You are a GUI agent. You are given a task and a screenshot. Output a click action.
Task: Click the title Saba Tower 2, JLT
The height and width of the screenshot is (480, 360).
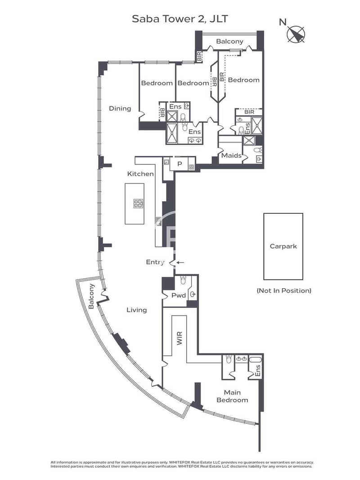click(x=180, y=19)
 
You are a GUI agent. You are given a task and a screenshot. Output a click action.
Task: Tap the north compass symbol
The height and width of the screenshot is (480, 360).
click(x=296, y=34)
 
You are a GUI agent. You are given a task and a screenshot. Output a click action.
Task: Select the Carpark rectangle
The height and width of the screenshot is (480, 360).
click(x=283, y=246)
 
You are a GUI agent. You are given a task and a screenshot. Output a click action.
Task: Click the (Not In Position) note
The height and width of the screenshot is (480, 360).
click(x=284, y=290)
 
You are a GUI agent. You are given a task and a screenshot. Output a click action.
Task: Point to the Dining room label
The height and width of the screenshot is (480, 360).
click(x=120, y=109)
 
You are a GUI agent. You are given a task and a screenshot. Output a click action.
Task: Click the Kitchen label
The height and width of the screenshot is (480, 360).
click(x=140, y=174)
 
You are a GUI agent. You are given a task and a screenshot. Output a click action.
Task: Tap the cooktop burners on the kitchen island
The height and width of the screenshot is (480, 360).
click(x=138, y=204)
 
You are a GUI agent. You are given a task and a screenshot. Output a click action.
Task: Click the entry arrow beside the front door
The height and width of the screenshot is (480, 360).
click(x=180, y=263)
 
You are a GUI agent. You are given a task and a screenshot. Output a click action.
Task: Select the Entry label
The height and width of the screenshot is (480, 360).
click(x=155, y=263)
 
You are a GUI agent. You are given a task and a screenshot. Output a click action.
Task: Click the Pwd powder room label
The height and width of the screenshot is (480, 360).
click(x=179, y=295)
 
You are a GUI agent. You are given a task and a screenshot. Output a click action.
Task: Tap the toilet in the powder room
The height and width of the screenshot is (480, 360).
click(x=183, y=280)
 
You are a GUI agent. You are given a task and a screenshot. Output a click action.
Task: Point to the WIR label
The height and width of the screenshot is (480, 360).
click(x=180, y=338)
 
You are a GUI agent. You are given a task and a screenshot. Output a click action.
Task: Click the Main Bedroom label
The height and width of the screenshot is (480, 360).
click(x=232, y=396)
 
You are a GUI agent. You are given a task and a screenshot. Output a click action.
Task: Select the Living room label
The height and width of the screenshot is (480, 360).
click(x=137, y=310)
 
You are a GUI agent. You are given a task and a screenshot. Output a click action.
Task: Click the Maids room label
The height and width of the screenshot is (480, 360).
click(x=231, y=155)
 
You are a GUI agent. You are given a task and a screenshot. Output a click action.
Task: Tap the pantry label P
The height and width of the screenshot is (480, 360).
click(x=180, y=164)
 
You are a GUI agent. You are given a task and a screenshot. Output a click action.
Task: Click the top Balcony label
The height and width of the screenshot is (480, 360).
click(x=229, y=41)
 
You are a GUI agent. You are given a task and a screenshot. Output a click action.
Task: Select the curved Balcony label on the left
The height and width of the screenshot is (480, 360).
click(x=91, y=296)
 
